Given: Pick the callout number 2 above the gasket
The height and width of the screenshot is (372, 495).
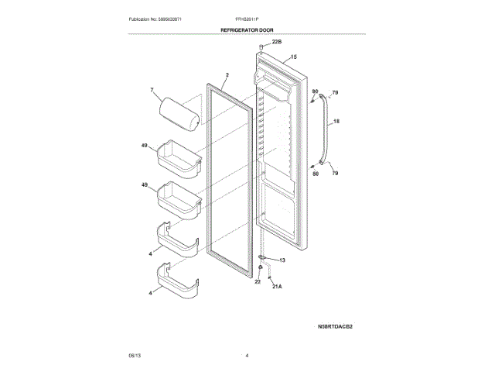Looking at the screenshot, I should (x=227, y=76).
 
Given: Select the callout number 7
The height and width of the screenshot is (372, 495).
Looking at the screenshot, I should (x=152, y=91).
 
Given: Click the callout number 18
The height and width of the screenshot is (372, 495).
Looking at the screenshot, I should (x=336, y=122).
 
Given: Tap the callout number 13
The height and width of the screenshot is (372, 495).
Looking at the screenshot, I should (x=282, y=260).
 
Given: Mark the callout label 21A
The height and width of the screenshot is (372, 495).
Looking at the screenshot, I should (x=278, y=286).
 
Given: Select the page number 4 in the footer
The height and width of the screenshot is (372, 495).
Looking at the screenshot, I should (x=247, y=355).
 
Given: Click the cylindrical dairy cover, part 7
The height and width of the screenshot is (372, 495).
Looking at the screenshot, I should (x=177, y=109).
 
